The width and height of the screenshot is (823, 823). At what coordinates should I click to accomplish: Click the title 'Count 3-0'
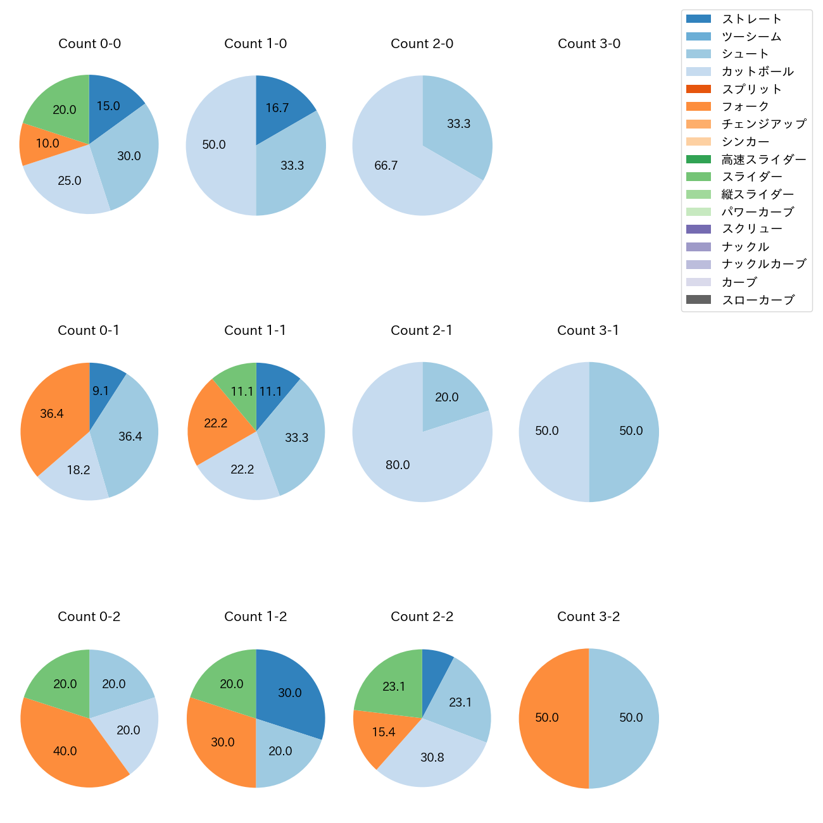tap(589, 44)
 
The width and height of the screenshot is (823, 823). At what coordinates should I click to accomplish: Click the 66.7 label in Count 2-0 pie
tap(386, 166)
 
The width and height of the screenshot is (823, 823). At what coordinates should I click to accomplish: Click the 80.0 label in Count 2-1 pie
tap(398, 465)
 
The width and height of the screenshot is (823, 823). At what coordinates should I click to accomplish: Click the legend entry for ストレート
tap(751, 19)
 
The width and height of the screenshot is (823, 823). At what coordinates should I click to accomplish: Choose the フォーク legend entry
tap(745, 106)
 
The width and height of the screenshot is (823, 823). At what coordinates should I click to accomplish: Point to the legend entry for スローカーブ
tap(758, 300)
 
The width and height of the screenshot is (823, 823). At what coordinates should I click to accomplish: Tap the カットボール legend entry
tap(757, 72)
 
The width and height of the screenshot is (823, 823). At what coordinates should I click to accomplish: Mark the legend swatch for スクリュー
tap(698, 229)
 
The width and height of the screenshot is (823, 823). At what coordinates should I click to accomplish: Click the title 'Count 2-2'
tap(422, 617)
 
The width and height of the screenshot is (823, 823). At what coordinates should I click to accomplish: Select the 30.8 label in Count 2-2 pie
tap(432, 758)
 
